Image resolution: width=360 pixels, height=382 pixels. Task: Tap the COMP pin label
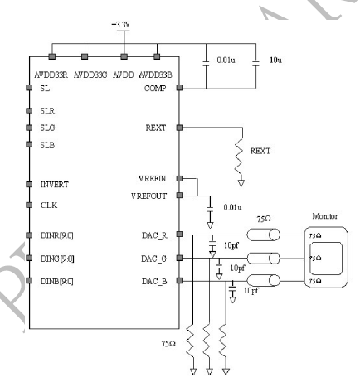[158, 87]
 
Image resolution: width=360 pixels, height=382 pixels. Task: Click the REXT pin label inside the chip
[158, 128]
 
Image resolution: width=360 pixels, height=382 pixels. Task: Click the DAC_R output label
[154, 235]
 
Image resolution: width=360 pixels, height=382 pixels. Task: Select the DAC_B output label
[154, 282]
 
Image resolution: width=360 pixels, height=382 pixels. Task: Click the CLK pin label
[49, 204]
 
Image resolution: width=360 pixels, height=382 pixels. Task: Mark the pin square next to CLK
[31, 204]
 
